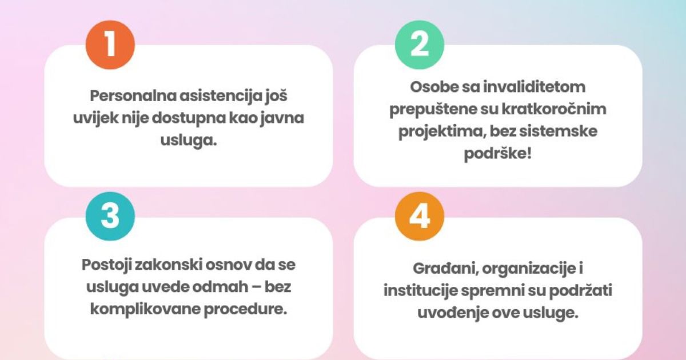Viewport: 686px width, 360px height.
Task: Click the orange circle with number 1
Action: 110,45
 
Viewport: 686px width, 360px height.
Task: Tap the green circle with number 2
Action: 419,45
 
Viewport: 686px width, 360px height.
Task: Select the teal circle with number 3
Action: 110,217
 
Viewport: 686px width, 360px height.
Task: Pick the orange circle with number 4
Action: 419,217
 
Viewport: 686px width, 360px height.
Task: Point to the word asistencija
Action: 221,96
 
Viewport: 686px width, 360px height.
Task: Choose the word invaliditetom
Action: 534,87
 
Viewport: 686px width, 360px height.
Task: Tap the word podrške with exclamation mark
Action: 498,154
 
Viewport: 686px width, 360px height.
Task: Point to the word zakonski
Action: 168,265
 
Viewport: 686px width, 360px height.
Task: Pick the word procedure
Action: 245,310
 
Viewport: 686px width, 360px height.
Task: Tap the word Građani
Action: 445,269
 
